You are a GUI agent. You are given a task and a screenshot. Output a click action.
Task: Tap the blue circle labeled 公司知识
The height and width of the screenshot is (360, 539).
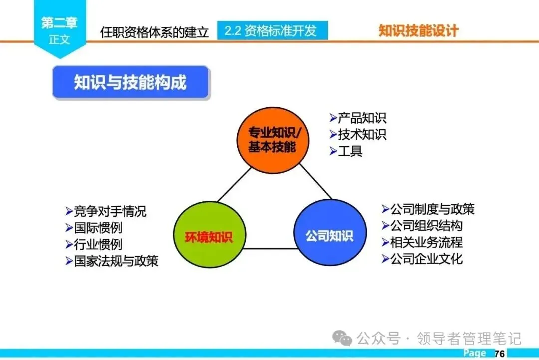coord(329,235)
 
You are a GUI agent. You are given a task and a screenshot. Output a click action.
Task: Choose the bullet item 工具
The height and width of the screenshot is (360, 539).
coord(350,151)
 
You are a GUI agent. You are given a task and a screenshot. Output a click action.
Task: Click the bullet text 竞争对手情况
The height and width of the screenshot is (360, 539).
coord(110,211)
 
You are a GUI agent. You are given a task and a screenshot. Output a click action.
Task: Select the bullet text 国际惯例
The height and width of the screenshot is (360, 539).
coord(98,228)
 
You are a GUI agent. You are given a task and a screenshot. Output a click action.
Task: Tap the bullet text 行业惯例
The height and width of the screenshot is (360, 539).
coord(98,244)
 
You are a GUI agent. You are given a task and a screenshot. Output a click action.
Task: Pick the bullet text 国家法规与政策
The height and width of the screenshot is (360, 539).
coord(116,261)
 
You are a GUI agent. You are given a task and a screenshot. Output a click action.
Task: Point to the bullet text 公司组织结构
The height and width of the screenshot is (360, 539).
coord(426,225)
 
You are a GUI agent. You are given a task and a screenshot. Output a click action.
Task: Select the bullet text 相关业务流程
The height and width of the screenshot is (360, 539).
coord(426,242)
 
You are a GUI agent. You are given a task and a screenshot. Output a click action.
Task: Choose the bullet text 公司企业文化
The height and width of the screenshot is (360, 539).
coord(426,259)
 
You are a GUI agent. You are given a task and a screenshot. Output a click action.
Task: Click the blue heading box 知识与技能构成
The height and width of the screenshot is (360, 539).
coord(131,82)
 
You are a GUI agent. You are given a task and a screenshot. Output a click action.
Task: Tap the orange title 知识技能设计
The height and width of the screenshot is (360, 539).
coord(418,31)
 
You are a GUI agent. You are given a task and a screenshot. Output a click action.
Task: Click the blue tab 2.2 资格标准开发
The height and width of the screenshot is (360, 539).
coord(272,31)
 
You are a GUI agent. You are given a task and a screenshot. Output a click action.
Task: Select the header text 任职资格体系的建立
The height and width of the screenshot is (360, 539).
coord(154,32)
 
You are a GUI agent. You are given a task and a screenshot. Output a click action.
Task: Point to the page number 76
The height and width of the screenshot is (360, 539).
coord(500,354)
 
